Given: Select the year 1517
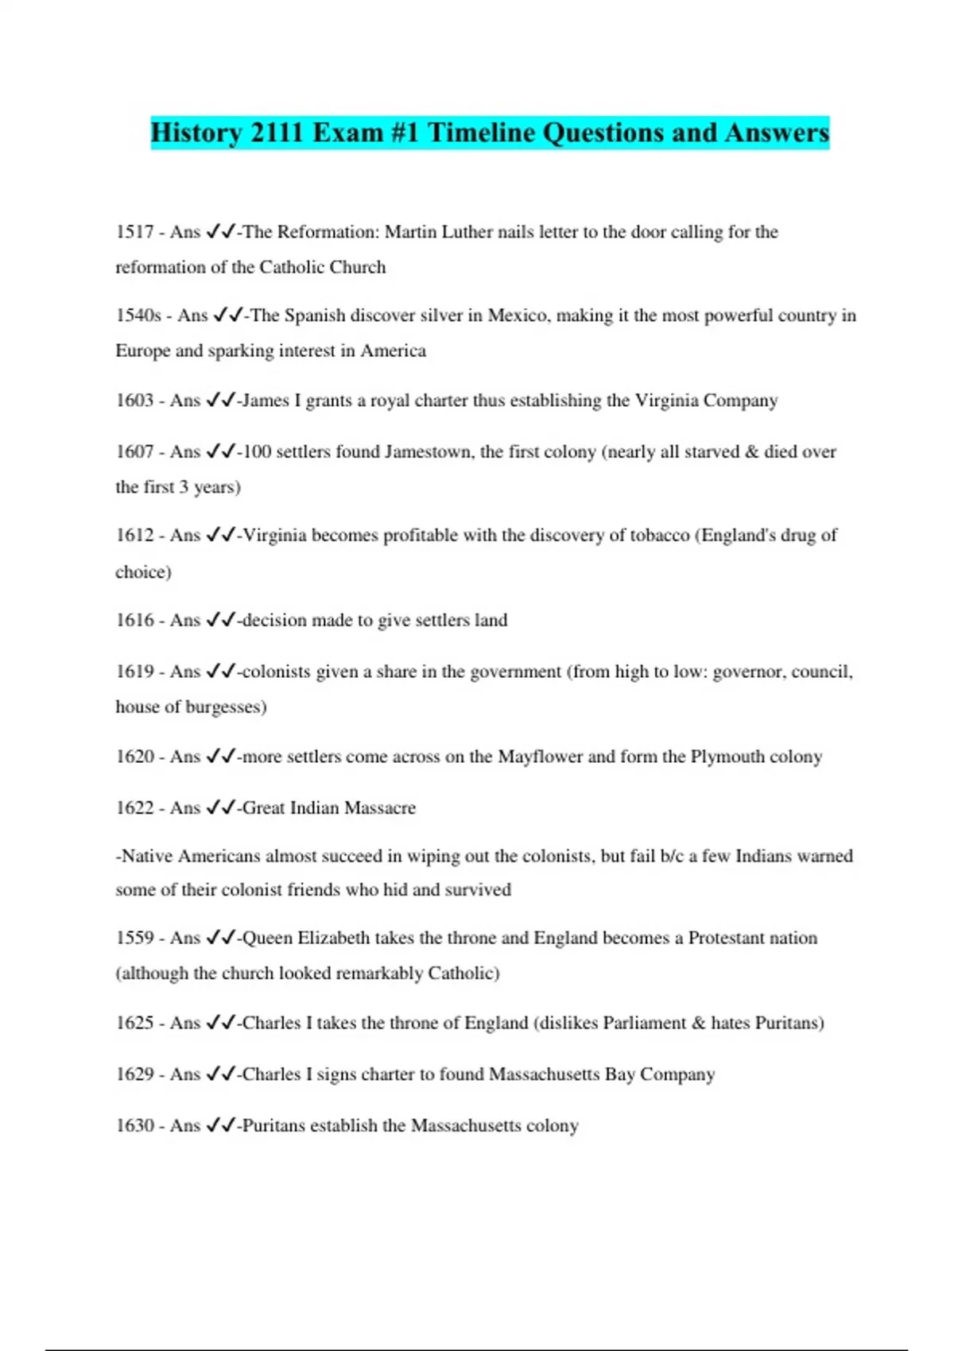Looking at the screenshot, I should tap(134, 232).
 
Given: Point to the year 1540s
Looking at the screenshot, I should tap(138, 315).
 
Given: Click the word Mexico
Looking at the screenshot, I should tap(518, 315).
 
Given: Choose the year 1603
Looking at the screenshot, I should tap(134, 401).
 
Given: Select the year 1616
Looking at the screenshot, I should tap(134, 621).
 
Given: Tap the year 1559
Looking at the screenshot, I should tap(134, 939).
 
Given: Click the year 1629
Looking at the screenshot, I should tap(134, 1074).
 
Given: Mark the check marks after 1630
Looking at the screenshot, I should tap(221, 1125).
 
